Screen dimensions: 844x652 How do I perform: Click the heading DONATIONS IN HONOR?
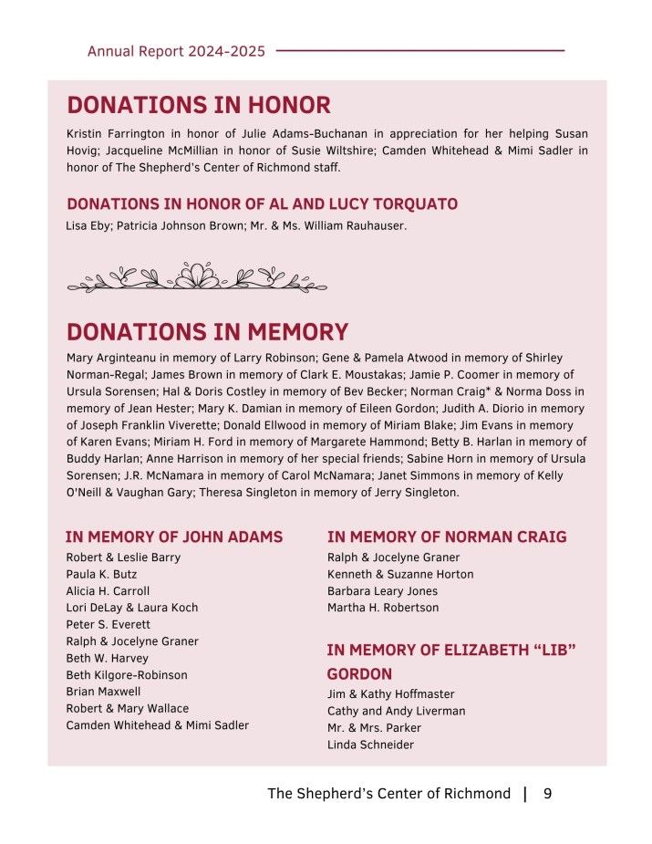(x=198, y=105)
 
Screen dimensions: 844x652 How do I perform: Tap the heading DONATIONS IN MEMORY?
(x=207, y=331)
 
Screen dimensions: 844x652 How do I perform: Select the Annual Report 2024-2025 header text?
(x=176, y=51)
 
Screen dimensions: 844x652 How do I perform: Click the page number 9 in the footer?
(x=547, y=794)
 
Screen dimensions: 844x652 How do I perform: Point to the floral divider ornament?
(x=197, y=276)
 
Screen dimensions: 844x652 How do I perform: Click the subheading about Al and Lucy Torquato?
(x=262, y=203)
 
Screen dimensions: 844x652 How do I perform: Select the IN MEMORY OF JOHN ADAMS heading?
(x=174, y=537)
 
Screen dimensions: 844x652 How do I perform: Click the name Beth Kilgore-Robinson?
(x=127, y=675)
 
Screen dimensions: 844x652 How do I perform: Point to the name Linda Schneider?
(x=370, y=745)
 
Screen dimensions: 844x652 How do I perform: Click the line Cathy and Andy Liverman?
(x=396, y=711)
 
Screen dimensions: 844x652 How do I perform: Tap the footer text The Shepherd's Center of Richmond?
(x=388, y=794)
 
